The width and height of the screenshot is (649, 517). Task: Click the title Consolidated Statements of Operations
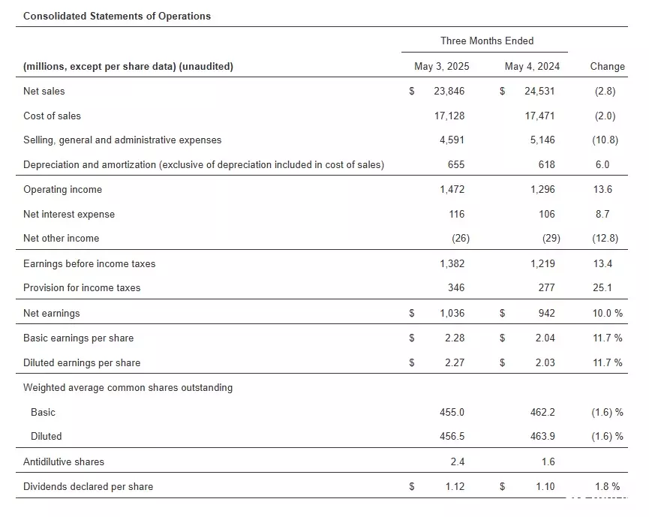pos(117,17)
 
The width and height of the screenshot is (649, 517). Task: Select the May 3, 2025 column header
pos(442,66)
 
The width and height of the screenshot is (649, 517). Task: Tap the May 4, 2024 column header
pos(532,66)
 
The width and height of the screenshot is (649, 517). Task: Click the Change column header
pos(607,66)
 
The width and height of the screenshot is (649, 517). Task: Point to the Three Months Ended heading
pos(487,41)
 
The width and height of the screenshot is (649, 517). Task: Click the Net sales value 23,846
pos(449,91)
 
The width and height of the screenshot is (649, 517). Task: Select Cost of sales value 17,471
pos(539,116)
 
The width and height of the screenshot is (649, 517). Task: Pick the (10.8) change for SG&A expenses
pos(605,140)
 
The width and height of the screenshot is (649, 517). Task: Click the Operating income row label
pos(62,189)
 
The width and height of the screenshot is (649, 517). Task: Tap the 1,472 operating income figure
pos(452,189)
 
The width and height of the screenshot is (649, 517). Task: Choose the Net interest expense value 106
pos(547,214)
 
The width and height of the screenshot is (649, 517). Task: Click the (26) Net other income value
pos(461,238)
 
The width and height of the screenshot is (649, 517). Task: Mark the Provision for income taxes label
pos(82,287)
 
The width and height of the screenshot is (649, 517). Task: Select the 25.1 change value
pos(602,287)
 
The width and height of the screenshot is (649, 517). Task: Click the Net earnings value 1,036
pos(452,313)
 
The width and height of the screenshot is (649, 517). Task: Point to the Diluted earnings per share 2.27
pos(455,362)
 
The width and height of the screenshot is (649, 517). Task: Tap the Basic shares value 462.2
pos(542,412)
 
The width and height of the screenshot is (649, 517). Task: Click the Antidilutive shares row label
pos(64,461)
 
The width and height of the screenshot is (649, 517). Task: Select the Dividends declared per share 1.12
pos(455,486)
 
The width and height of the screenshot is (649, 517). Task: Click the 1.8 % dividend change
pos(608,486)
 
